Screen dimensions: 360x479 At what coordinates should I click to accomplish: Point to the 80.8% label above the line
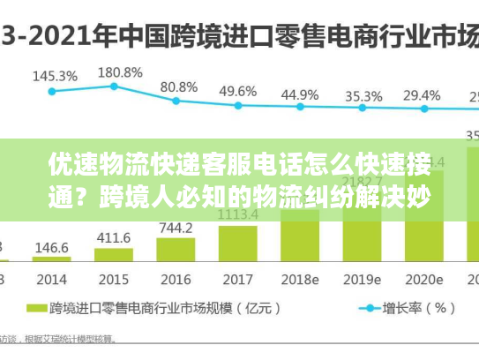pos(178,86)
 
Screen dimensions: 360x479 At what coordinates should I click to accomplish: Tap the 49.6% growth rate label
pos(237,91)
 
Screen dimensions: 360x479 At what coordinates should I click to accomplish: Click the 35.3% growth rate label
pos(363,95)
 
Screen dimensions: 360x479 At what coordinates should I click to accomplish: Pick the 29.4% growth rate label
pos(422,94)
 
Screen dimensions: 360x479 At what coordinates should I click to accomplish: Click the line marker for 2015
pos(114,86)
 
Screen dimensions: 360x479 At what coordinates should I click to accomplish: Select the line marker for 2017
pos(237,107)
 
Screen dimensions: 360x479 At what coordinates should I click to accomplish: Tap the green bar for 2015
pos(114,255)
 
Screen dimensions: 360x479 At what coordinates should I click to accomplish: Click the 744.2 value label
pos(176,228)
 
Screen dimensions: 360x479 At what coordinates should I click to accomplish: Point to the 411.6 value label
pos(114,238)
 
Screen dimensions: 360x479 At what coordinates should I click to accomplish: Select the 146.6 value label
pos(52,249)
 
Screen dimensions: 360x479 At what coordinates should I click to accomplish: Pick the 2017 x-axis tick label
pos(237,279)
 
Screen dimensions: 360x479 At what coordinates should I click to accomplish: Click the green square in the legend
pos(35,308)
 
